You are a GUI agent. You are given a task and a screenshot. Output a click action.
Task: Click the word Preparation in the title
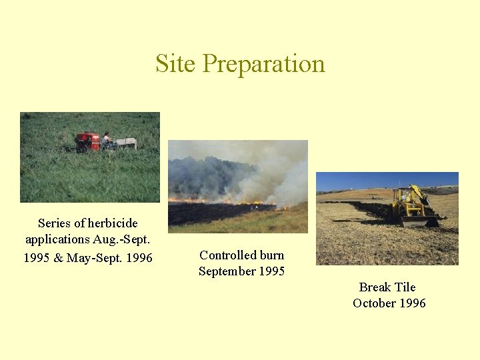tap(263, 65)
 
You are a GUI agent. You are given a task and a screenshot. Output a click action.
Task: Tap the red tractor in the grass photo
tap(87, 141)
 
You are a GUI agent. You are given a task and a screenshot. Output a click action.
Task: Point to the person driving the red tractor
tap(105, 138)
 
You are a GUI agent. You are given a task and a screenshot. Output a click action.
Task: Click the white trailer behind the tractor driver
tap(125, 143)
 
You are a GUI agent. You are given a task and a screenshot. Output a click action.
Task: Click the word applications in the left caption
tap(57, 239)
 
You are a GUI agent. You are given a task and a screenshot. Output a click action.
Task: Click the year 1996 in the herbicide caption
tap(139, 257)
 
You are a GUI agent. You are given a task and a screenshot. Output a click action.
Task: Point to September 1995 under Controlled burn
tap(241, 271)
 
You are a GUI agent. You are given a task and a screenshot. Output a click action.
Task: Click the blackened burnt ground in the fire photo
tap(213, 213)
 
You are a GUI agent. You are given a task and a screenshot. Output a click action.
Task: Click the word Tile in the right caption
tap(405, 287)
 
